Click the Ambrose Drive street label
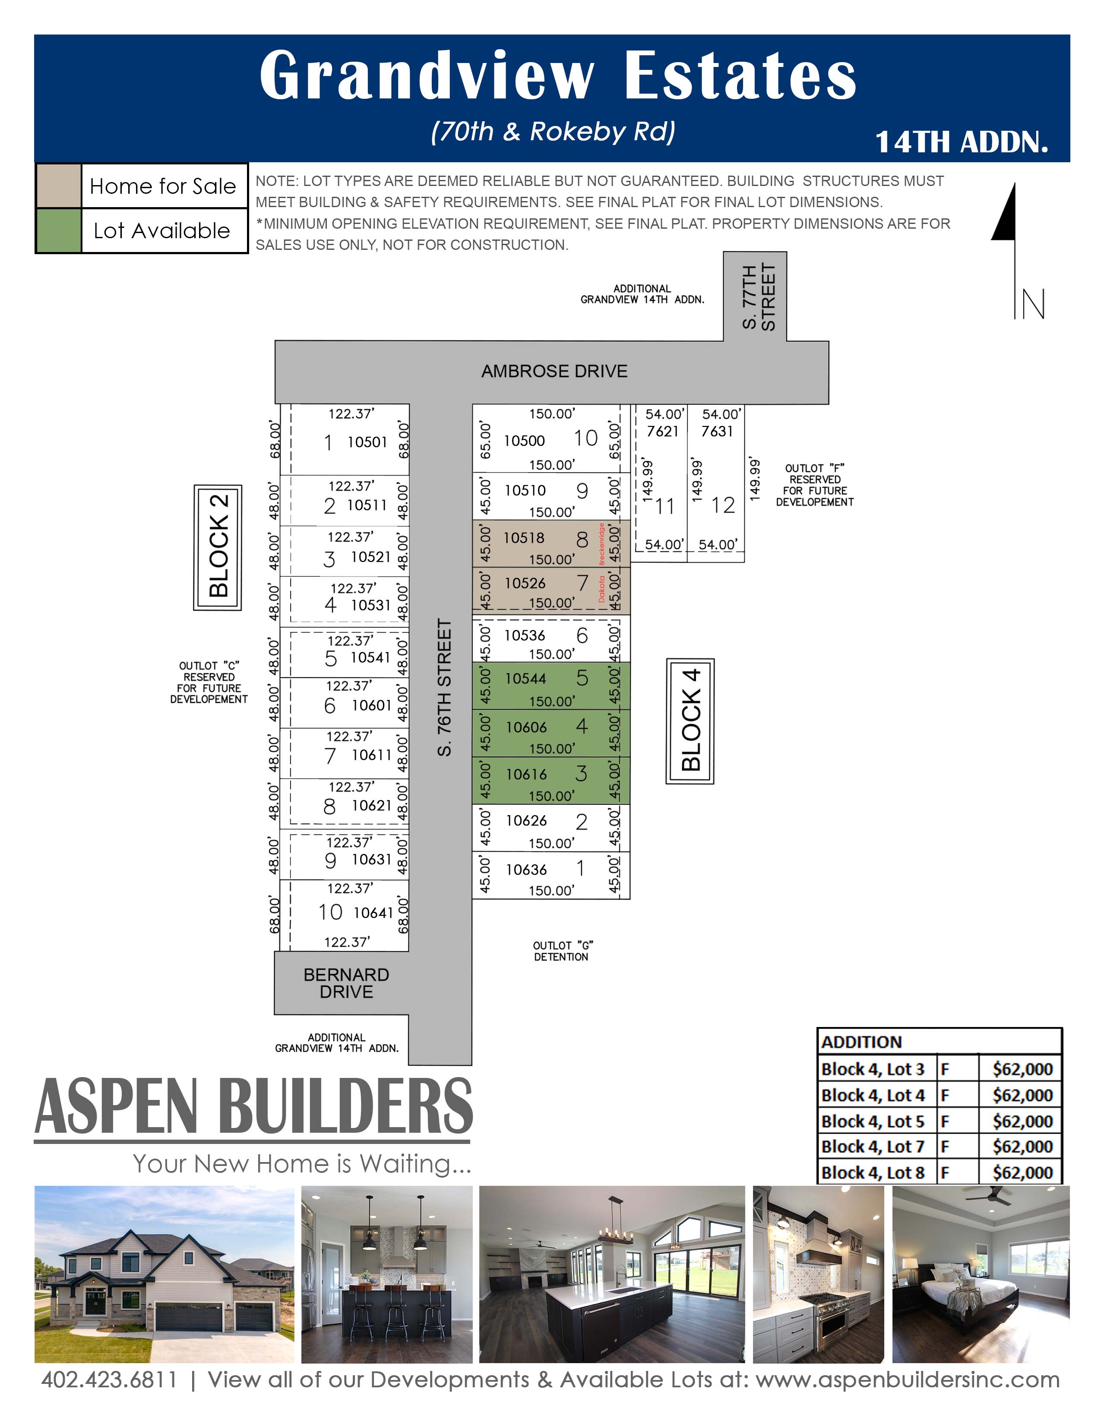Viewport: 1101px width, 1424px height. [x=554, y=371]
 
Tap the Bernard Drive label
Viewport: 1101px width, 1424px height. [x=346, y=983]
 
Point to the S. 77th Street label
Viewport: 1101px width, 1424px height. [x=759, y=297]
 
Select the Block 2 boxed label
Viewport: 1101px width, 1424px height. [x=218, y=548]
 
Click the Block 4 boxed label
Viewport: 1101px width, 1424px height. [x=690, y=721]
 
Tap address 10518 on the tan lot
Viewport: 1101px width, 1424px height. [x=524, y=538]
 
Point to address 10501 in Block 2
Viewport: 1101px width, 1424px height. [x=367, y=442]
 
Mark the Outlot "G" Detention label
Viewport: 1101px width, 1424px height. [x=562, y=951]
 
